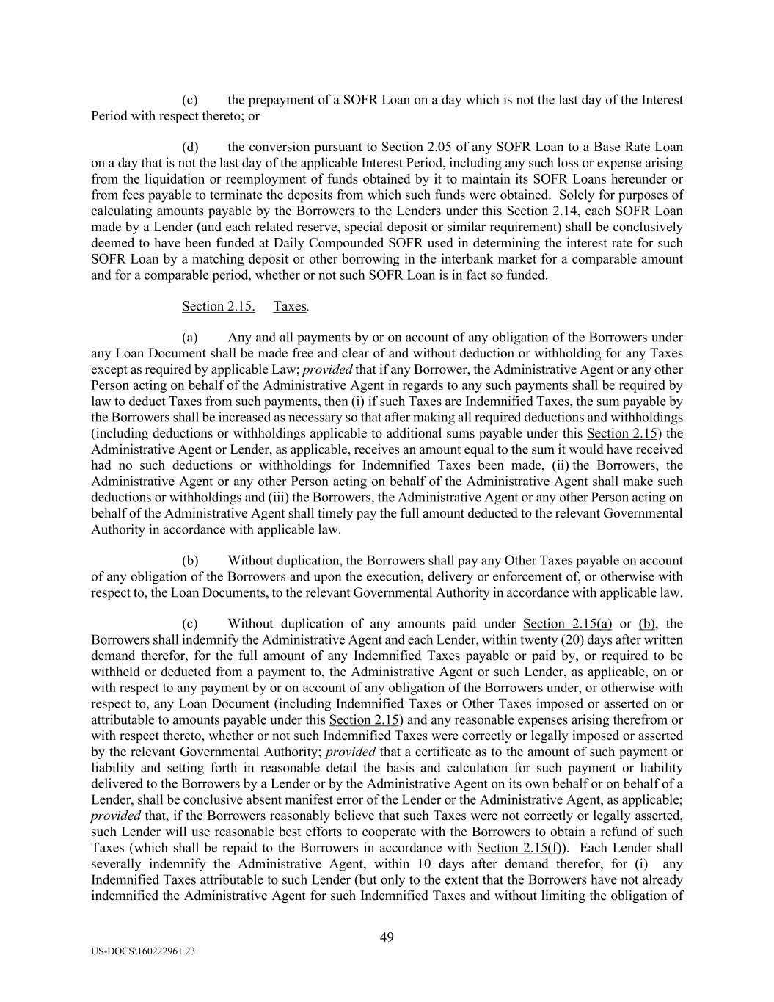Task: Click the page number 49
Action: (387, 937)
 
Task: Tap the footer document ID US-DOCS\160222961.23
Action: (143, 951)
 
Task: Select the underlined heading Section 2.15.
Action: (218, 306)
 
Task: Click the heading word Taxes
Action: (290, 306)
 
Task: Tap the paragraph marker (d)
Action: (190, 147)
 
